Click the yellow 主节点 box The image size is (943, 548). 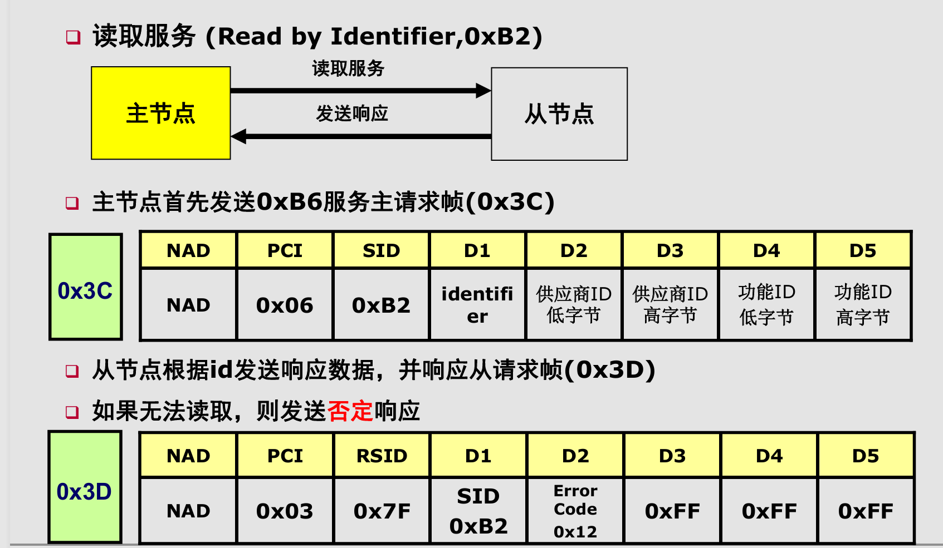(161, 113)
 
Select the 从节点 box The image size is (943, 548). (559, 114)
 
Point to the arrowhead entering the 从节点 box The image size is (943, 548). (483, 91)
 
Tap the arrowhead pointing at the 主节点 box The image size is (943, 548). (239, 136)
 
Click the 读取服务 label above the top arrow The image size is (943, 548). (348, 68)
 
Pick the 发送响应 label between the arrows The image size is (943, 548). (351, 113)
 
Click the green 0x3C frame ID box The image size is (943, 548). (85, 287)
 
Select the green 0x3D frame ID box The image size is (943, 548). (85, 487)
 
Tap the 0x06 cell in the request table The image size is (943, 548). (285, 305)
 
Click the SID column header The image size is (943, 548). (381, 250)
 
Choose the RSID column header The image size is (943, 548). (382, 456)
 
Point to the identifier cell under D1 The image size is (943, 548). (477, 305)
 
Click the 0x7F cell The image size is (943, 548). (382, 511)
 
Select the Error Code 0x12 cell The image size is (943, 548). (575, 511)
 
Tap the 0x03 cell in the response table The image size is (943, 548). (285, 511)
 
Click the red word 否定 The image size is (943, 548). (350, 411)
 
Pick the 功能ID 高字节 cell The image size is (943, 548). (862, 305)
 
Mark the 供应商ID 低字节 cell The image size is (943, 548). (574, 305)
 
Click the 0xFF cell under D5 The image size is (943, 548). (865, 511)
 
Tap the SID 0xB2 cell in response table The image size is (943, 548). (478, 511)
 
